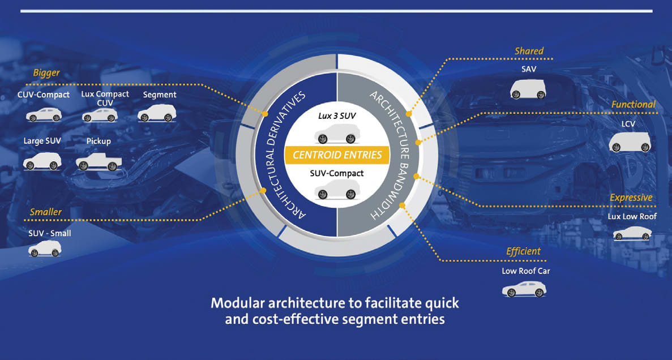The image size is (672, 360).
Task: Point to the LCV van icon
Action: (630, 142)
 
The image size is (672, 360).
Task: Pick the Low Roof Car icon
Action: (524, 289)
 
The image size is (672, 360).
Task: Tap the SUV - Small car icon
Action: (44, 248)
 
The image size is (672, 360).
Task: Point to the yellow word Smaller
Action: (46, 212)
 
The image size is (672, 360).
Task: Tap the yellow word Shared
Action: (529, 51)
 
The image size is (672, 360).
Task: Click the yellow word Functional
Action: (633, 104)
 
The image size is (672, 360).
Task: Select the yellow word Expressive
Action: (631, 198)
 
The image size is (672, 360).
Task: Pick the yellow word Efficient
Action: (524, 251)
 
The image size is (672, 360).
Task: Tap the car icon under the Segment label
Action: (157, 113)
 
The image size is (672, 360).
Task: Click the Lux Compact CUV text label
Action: (105, 98)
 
